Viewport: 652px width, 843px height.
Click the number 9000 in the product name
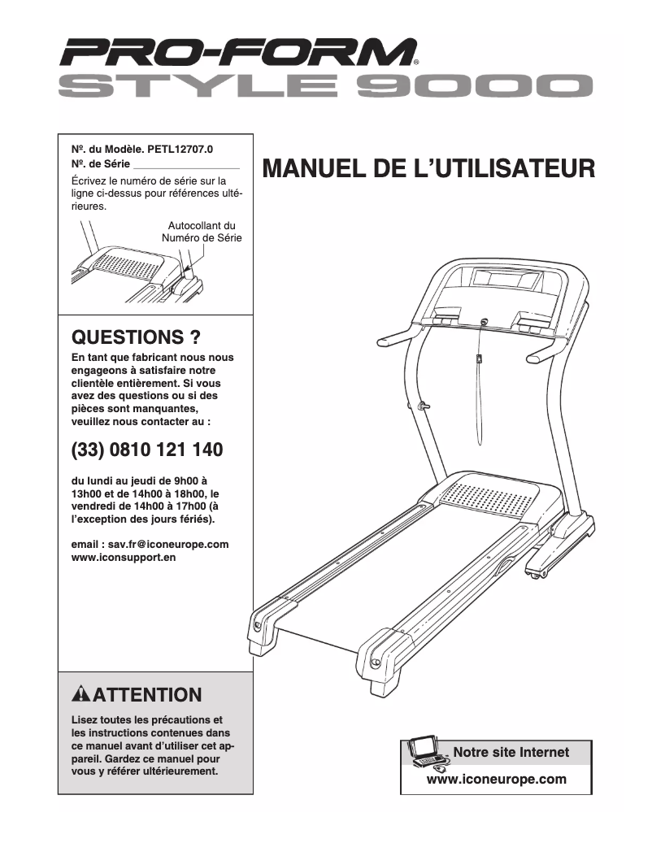coord(477,86)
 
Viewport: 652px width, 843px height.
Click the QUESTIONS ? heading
coord(137,337)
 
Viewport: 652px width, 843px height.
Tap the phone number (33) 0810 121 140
coord(147,450)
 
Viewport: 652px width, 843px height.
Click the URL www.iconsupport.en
coord(124,558)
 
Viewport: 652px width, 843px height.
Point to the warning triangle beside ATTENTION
coord(80,694)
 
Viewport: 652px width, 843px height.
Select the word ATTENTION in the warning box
coord(148,695)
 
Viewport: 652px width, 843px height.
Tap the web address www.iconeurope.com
coord(496,779)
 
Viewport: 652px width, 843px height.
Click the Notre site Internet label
coord(511,752)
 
